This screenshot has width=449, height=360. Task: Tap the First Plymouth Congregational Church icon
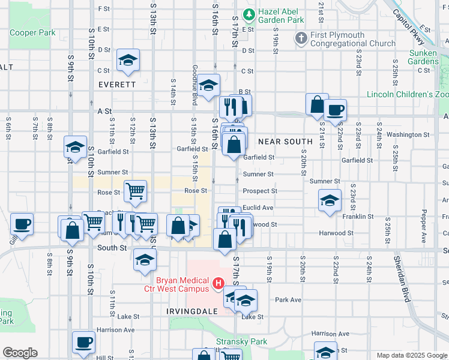pos(301,39)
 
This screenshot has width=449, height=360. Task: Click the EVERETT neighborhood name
pos(118,85)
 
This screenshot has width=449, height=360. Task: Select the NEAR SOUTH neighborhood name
pos(285,142)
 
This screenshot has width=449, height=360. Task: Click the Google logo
pos(20,353)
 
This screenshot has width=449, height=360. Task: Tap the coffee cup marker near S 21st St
pos(336,110)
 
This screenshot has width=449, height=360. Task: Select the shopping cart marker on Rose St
pos(136,191)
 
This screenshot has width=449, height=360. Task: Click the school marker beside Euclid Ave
pos(330,201)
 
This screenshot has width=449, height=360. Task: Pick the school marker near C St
pos(128,60)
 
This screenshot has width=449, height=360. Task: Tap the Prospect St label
pos(259,191)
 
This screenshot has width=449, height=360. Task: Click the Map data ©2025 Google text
pos(411,355)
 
